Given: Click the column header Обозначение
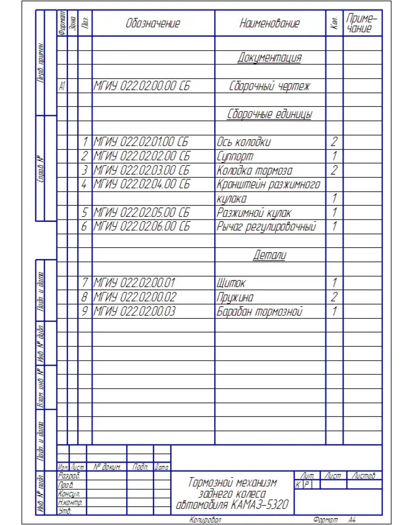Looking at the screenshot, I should point(153,24).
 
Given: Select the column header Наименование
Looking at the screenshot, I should point(270,24).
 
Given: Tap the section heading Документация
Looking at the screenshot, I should point(270,58).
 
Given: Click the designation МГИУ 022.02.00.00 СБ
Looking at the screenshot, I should point(141,86).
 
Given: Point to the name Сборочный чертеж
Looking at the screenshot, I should point(270,86).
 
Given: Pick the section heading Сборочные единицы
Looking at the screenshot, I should point(270,114).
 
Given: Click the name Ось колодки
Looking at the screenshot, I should point(244,142).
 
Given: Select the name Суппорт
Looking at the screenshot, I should point(235,156).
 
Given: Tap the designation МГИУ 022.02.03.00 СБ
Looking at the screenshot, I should point(141,170).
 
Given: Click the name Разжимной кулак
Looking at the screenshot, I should point(254,213).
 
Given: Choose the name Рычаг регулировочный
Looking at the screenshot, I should point(266,227).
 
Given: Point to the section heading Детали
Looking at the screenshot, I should point(270,255).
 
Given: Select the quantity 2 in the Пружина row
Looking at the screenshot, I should point(334,297).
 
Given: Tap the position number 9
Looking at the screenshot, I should point(84,311).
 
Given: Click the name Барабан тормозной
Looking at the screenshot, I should point(259,311).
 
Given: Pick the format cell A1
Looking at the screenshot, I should point(62,86).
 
